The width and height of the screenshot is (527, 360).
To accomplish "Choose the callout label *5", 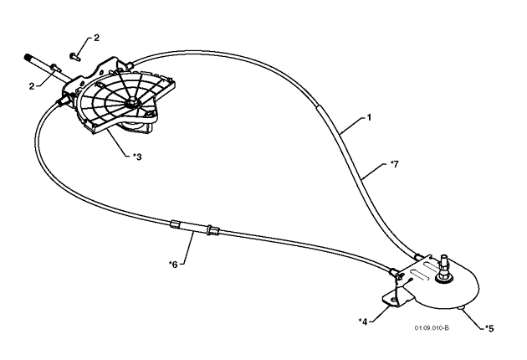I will (490, 328).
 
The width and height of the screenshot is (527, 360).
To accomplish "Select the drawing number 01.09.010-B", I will (431, 329).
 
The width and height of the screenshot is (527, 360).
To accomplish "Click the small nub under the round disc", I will (462, 309).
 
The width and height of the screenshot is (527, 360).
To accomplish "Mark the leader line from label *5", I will (476, 320).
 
